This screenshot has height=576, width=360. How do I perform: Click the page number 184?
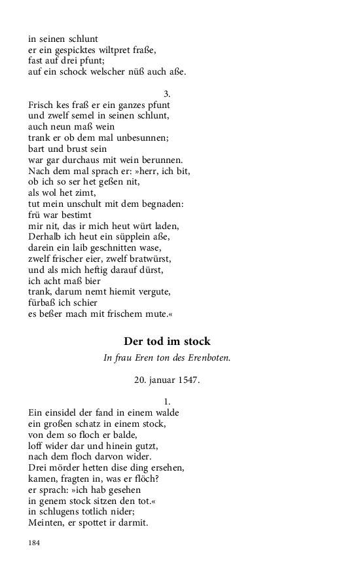(34, 543)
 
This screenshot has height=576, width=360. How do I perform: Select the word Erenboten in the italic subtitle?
(207, 357)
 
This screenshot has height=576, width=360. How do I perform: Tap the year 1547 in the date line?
(189, 379)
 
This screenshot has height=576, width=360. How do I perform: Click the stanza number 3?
(167, 94)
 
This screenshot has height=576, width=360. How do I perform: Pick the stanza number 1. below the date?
(167, 401)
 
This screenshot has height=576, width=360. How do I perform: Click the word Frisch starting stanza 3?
(42, 105)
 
